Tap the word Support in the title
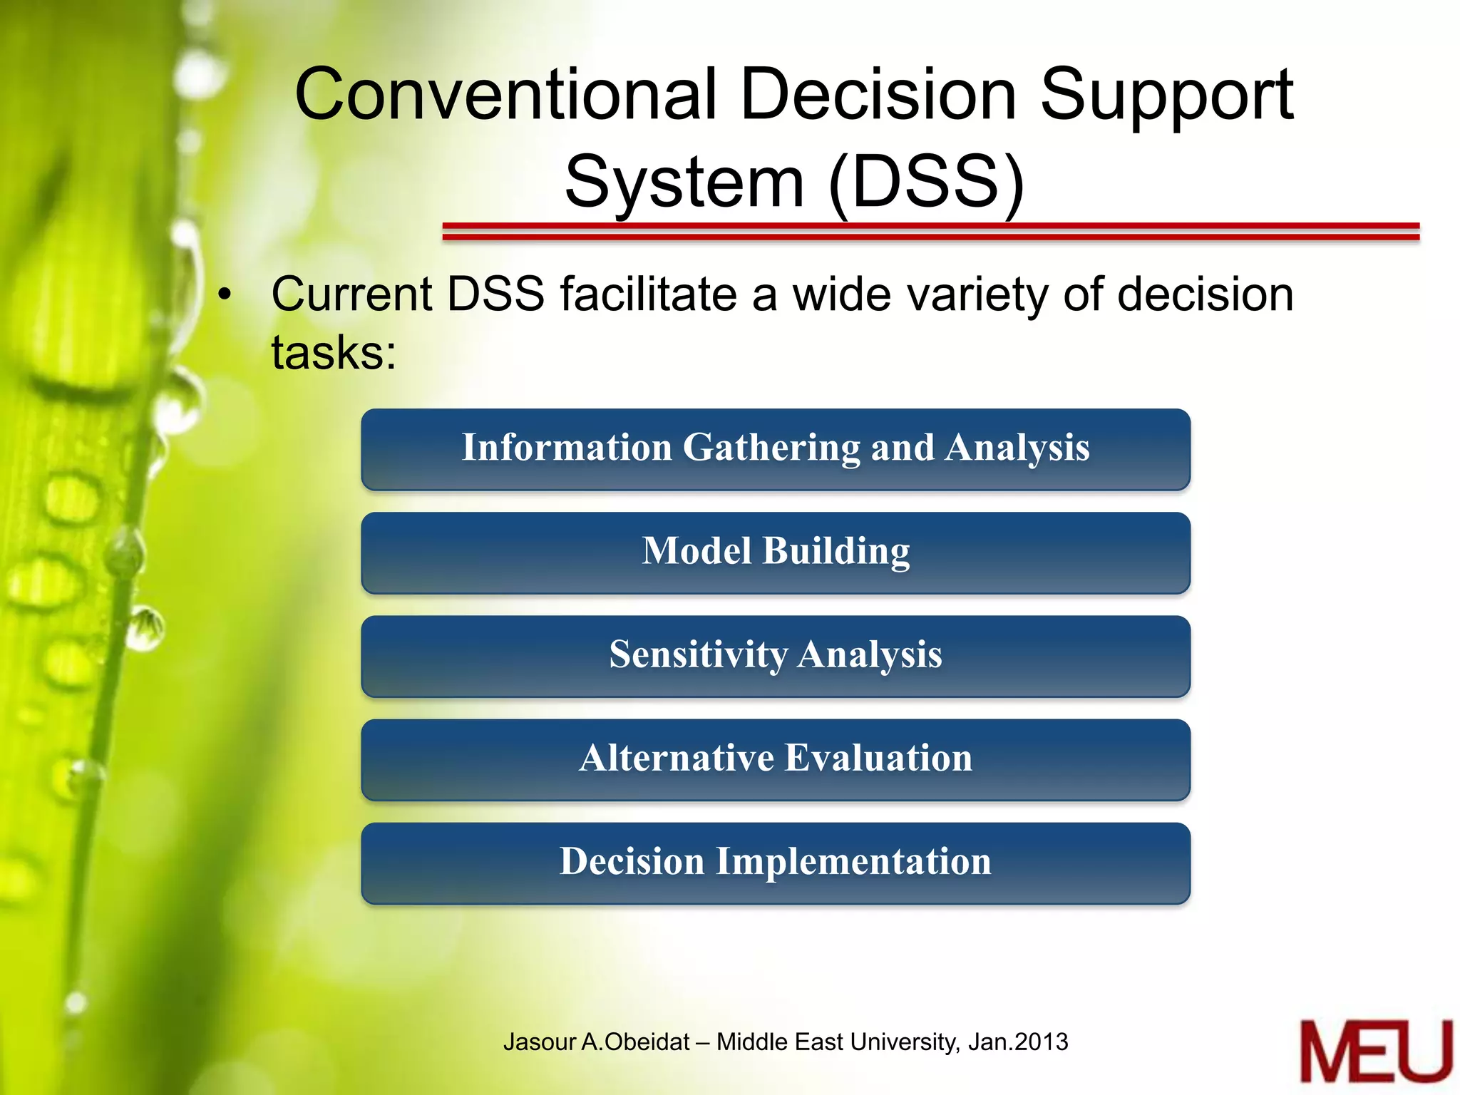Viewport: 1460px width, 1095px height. (x=1166, y=96)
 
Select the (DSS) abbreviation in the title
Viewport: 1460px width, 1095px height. (x=927, y=182)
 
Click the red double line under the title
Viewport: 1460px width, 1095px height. (x=930, y=231)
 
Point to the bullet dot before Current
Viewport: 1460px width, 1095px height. (x=225, y=295)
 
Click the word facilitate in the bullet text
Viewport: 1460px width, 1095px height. (x=649, y=295)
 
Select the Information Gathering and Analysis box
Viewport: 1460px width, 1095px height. (x=776, y=449)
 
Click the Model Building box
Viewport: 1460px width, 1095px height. (x=776, y=552)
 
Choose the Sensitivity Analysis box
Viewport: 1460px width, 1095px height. (x=776, y=656)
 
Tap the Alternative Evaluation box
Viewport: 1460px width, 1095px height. (x=776, y=759)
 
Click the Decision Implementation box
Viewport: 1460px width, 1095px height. (x=776, y=863)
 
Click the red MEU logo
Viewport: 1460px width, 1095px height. (x=1375, y=1052)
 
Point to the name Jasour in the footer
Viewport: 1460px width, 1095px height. (x=539, y=1042)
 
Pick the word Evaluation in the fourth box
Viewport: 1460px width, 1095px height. (x=878, y=758)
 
